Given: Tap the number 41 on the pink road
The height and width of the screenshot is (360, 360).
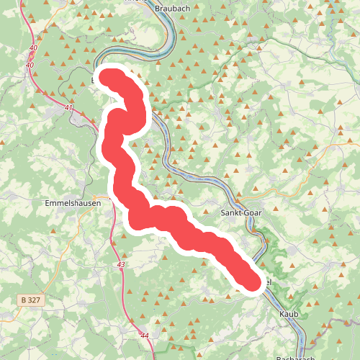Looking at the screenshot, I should (x=68, y=108).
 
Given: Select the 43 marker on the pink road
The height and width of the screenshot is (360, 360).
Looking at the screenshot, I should (x=120, y=266).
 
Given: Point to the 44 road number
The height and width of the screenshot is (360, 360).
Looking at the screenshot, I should (x=145, y=336).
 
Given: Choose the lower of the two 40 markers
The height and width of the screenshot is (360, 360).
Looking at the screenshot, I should (x=30, y=66).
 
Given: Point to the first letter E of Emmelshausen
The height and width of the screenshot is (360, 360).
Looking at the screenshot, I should (x=48, y=203).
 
